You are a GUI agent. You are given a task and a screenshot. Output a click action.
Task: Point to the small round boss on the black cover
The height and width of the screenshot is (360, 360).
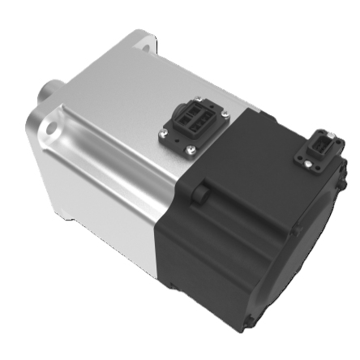[203, 193]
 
